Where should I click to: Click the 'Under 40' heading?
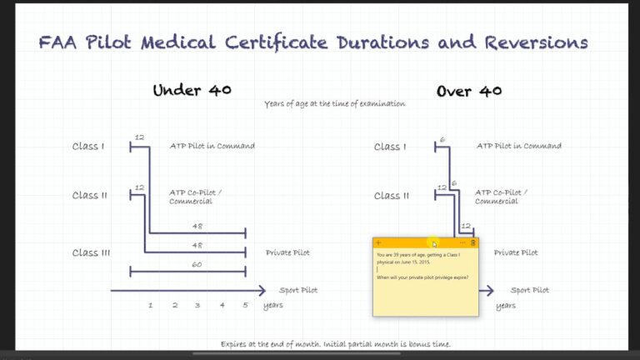[192, 90]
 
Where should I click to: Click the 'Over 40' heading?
[469, 90]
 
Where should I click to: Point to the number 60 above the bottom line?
[197, 264]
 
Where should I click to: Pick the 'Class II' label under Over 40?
[392, 196]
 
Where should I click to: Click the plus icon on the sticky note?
[379, 242]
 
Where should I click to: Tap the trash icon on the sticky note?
[472, 242]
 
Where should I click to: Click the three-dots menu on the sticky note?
[462, 242]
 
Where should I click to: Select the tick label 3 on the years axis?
[197, 305]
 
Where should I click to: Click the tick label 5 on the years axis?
[246, 305]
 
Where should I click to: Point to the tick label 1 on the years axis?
[150, 305]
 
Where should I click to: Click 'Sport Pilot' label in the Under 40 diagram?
[297, 290]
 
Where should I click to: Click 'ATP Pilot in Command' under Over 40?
[518, 146]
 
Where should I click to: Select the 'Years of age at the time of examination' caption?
[335, 104]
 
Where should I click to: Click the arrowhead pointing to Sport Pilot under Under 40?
[262, 290]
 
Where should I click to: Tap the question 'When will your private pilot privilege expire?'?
[422, 277]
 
